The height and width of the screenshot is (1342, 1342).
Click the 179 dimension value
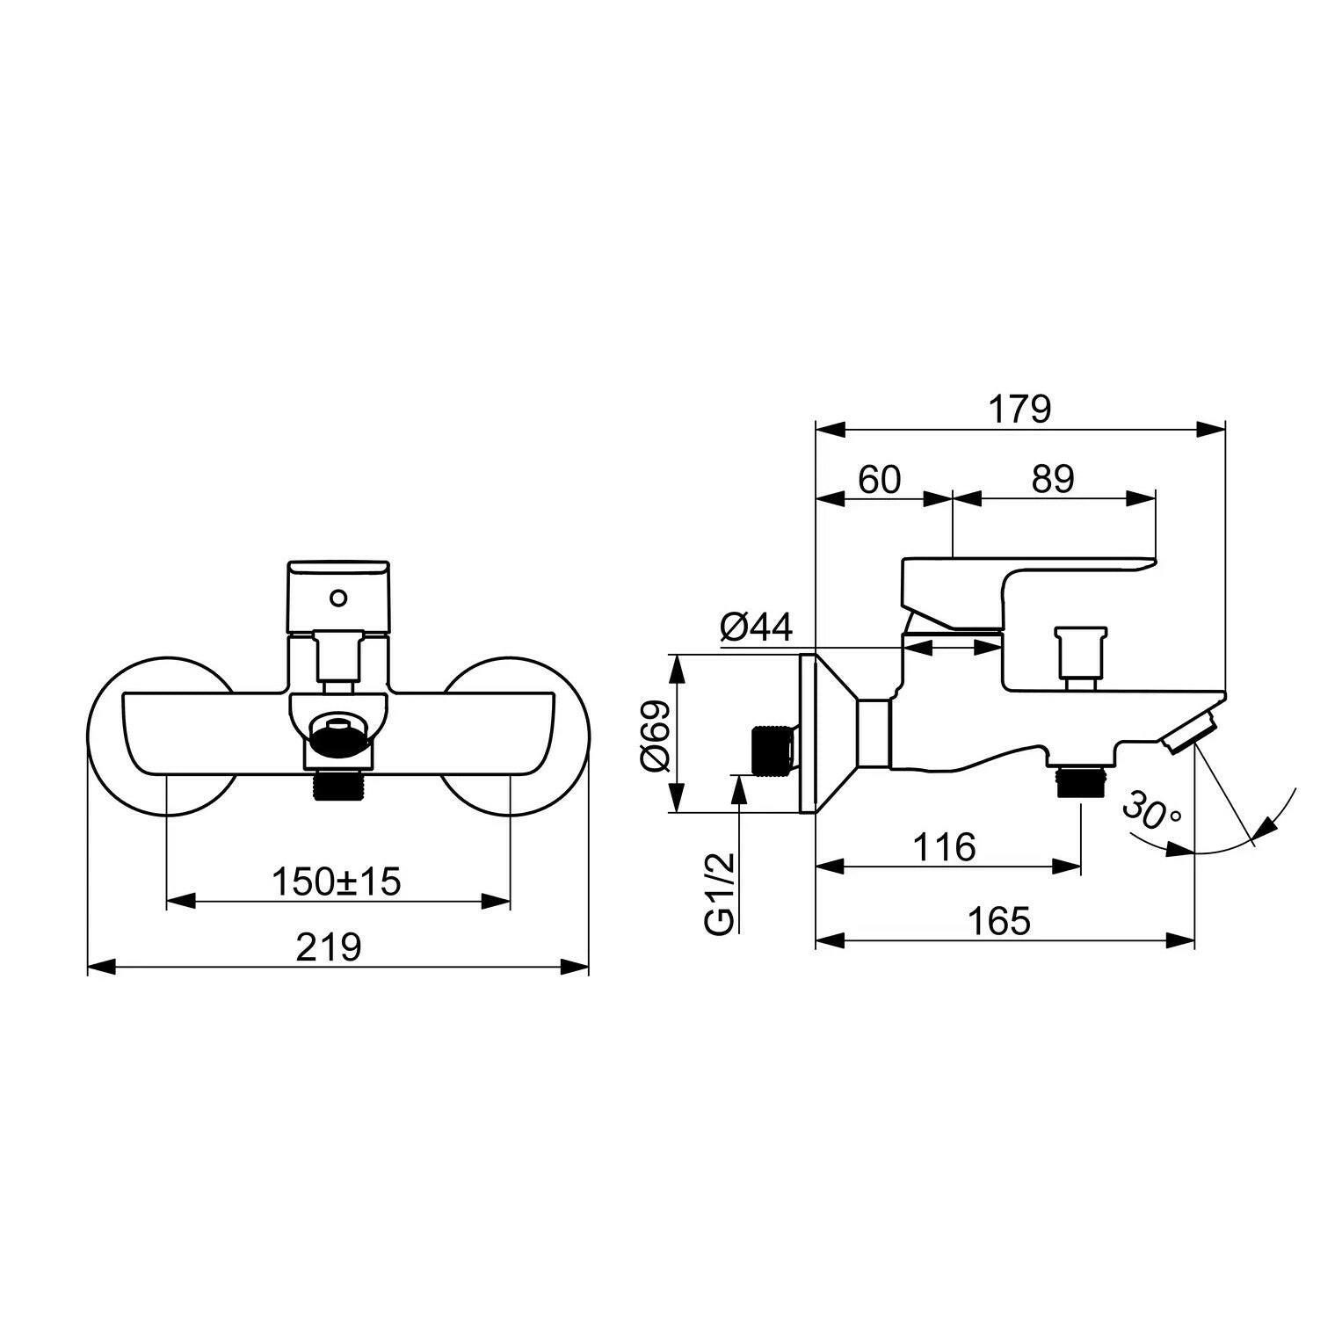coord(1019,410)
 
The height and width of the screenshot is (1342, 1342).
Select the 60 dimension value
coord(880,480)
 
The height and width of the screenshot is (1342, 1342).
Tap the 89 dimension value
coord(1053,480)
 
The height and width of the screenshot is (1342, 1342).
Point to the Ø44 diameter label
coord(756,627)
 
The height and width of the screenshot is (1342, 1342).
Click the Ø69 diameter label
coord(656,733)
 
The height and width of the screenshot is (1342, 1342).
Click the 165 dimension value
coord(998,922)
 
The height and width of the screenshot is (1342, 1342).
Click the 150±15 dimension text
coord(336,881)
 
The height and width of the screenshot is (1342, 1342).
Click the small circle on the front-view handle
coord(337,598)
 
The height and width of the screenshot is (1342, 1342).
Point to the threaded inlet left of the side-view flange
coord(773,750)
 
